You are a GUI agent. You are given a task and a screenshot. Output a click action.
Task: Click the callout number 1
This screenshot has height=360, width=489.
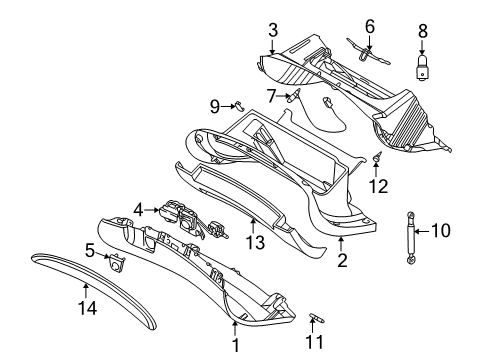click(x=236, y=344)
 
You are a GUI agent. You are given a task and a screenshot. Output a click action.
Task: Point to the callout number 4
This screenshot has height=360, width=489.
click(x=141, y=210)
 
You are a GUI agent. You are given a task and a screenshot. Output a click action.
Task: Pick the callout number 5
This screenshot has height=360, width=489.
click(x=90, y=251)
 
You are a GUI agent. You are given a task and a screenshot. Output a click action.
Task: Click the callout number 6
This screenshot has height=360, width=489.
click(x=369, y=25)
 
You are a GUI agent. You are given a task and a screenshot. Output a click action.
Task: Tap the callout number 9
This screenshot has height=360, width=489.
click(x=214, y=105)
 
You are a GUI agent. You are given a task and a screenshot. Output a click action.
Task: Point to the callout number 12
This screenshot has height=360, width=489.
click(x=378, y=185)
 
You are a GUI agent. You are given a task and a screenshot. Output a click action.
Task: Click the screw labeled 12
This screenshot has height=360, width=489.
click(x=378, y=159)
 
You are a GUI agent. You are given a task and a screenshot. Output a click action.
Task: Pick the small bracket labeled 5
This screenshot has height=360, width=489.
click(x=116, y=262)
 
